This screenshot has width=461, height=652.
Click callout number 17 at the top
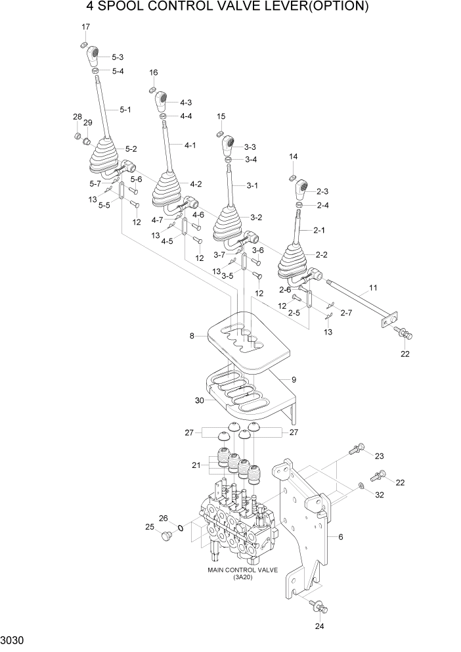[85, 26]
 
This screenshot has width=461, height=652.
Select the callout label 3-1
[252, 186]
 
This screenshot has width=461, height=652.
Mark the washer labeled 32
[362, 487]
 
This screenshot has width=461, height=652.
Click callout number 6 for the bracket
[341, 537]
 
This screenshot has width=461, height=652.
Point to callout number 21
[194, 465]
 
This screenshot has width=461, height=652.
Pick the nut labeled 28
[77, 137]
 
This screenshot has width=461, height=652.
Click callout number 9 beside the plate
[294, 379]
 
